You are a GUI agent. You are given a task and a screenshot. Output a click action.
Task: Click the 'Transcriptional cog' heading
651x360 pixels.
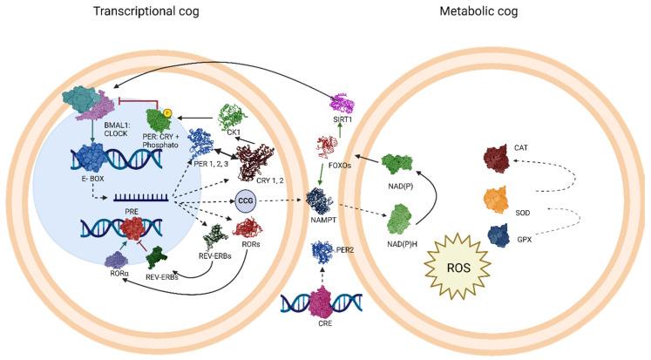[x=162, y=12]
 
